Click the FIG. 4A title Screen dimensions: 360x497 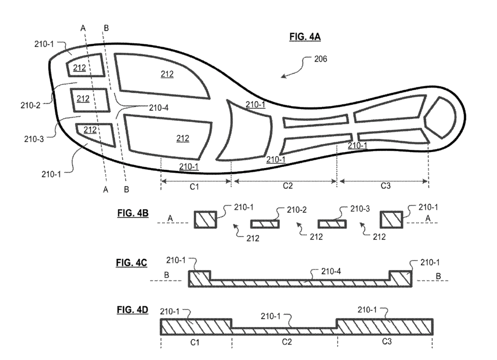click(x=305, y=37)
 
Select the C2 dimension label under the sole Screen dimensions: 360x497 click(x=287, y=185)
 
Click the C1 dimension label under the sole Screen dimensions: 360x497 click(x=194, y=185)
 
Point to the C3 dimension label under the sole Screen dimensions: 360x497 click(x=385, y=185)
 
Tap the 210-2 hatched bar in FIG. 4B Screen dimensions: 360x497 click(x=265, y=223)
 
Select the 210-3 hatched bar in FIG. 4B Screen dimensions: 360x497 click(x=331, y=223)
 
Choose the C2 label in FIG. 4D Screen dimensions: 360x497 click(x=286, y=342)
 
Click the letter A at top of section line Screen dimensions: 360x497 click(x=83, y=28)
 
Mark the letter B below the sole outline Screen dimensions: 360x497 click(x=126, y=190)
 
